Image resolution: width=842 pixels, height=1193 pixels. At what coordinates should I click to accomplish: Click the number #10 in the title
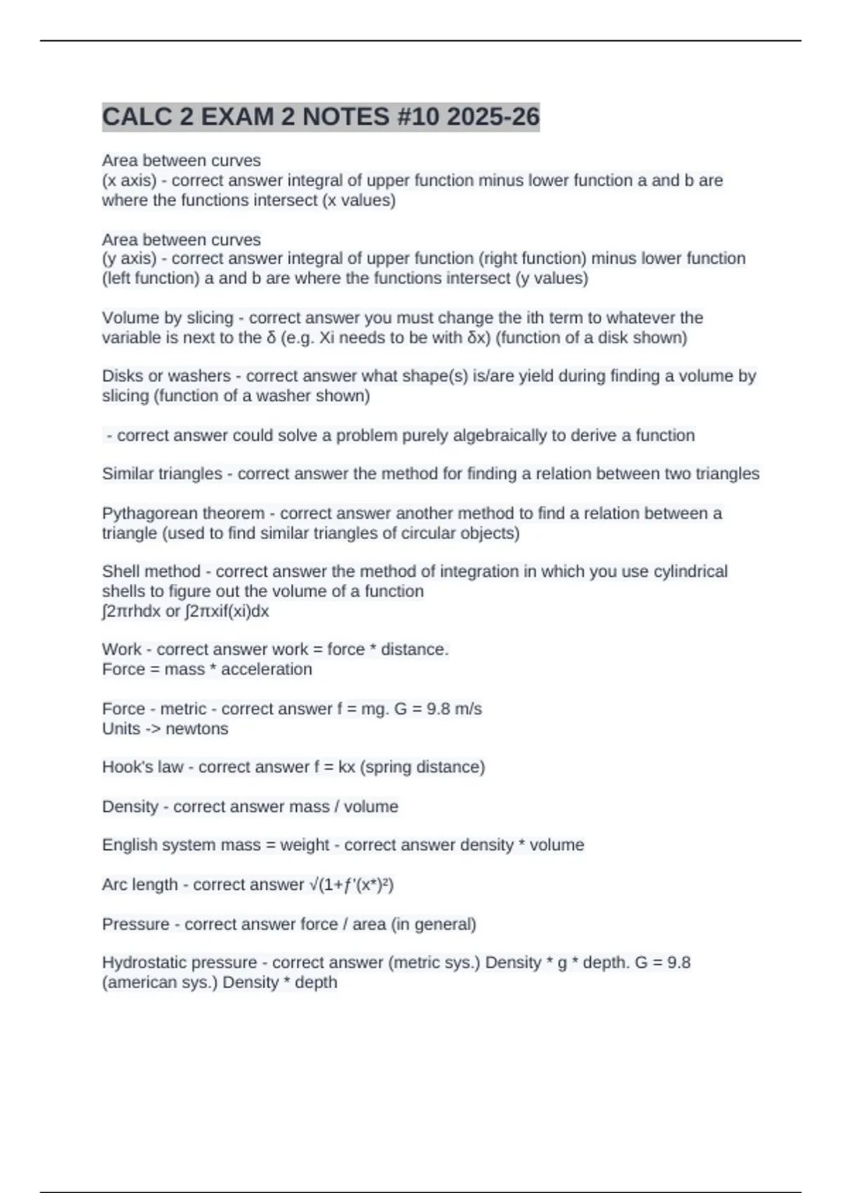(418, 116)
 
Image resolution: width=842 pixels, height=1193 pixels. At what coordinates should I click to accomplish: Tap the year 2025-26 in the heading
(493, 116)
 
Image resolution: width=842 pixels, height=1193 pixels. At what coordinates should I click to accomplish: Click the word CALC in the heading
(138, 116)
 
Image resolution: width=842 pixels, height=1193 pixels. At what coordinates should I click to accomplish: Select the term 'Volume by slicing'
(167, 318)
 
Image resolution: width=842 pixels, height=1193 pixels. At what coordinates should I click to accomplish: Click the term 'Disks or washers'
(166, 376)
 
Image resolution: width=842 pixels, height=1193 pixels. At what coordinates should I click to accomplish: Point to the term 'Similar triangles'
(162, 474)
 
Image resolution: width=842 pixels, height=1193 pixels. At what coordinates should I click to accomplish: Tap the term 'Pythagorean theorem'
(183, 514)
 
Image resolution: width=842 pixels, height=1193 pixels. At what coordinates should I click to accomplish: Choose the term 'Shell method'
(151, 572)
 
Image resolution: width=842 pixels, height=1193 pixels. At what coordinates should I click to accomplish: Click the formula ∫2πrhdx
(131, 611)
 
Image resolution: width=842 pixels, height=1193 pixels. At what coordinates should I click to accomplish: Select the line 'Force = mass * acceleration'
(207, 669)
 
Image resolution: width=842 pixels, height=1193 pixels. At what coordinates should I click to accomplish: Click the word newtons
(196, 728)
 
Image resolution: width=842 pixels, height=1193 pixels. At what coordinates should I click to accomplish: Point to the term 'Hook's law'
(142, 767)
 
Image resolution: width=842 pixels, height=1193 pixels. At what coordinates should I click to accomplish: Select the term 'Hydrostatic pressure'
(180, 963)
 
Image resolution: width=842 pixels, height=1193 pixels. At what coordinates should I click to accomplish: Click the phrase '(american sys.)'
(160, 982)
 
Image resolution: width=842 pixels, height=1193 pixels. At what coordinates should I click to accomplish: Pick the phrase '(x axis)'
(129, 181)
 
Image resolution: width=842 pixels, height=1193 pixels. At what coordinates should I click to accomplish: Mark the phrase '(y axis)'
(129, 259)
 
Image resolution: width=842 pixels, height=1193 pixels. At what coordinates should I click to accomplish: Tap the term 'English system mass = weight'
(215, 845)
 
